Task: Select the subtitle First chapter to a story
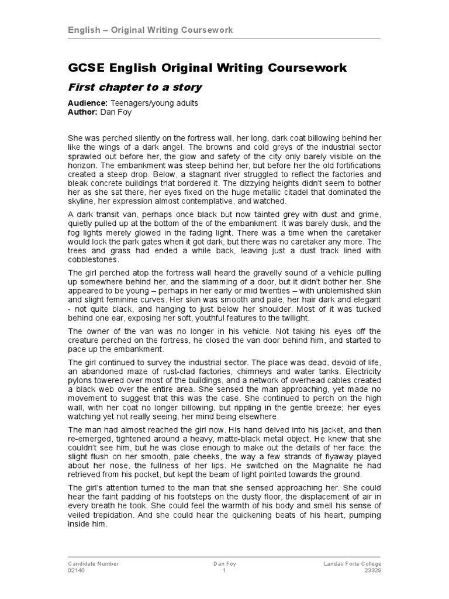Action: coord(135,87)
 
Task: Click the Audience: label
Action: coord(88,104)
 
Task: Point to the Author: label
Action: coord(83,112)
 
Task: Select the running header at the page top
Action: coord(150,30)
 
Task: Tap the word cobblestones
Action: coord(94,259)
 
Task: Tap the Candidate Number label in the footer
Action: coord(94,564)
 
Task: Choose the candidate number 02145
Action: coord(77,570)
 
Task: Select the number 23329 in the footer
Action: coord(372,570)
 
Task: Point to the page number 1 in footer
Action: coord(224,570)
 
